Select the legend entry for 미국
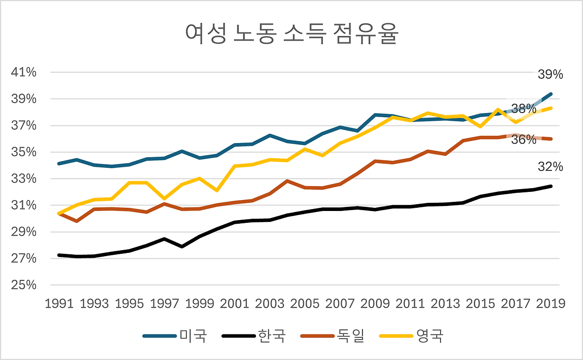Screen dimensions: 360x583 (175, 336)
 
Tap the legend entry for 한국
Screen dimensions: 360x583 (254, 336)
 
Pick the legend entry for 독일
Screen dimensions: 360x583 (333, 336)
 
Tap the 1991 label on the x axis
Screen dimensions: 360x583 (60, 303)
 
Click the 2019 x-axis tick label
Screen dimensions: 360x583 (550, 303)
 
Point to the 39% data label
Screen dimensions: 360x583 (550, 75)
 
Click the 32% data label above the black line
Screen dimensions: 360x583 (550, 167)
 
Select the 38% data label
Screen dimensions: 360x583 (523, 109)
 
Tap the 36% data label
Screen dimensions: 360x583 (523, 140)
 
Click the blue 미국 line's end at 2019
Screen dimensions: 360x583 (550, 94)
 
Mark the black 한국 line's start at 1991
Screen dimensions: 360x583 (60, 255)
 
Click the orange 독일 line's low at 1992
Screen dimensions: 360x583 (77, 221)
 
